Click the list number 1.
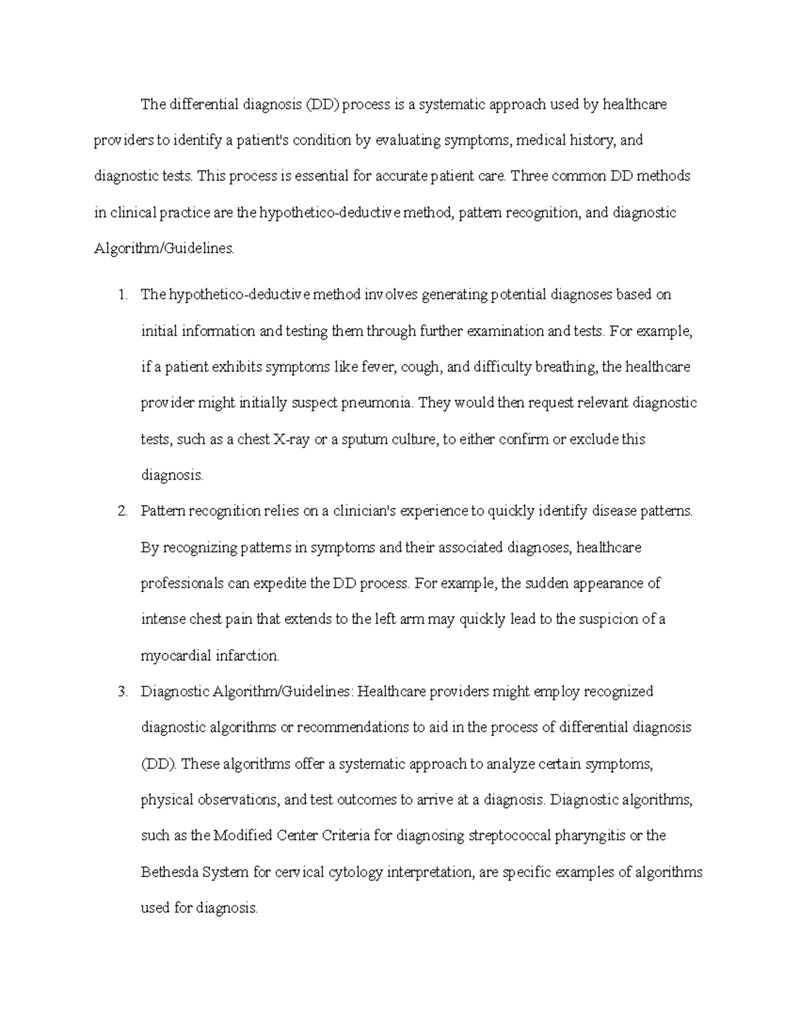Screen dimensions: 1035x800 click(121, 295)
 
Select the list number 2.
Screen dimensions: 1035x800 click(121, 512)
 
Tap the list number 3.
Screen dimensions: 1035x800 click(121, 692)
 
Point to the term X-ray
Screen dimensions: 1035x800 click(291, 440)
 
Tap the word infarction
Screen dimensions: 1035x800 click(247, 656)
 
